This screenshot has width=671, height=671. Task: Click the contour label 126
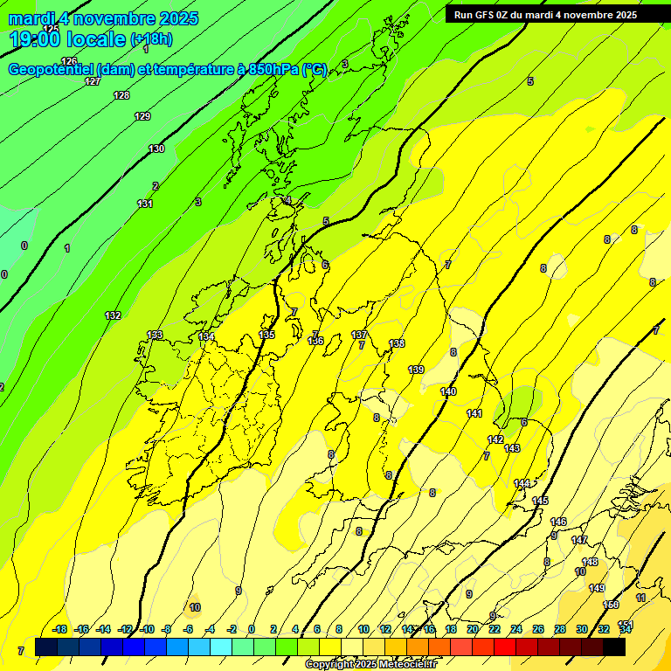pyautogui.click(x=69, y=61)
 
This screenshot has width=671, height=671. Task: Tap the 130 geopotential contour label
pyautogui.click(x=156, y=149)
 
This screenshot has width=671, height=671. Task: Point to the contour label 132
pyautogui.click(x=113, y=315)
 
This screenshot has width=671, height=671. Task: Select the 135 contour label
pyautogui.click(x=267, y=335)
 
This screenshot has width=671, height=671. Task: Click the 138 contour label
pyautogui.click(x=398, y=344)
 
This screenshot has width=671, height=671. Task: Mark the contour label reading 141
pyautogui.click(x=474, y=413)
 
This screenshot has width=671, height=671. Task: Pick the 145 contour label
pyautogui.click(x=540, y=501)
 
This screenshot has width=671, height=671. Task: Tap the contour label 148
pyautogui.click(x=591, y=562)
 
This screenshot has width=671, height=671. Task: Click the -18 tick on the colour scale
pyautogui.click(x=60, y=629)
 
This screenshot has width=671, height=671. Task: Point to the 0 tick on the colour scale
pyautogui.click(x=252, y=629)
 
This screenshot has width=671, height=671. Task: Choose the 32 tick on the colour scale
pyautogui.click(x=604, y=629)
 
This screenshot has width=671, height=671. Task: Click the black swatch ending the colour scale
pyautogui.click(x=614, y=647)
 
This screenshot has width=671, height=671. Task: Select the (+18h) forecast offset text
pyautogui.click(x=151, y=39)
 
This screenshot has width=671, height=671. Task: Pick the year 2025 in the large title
pyautogui.click(x=173, y=18)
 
